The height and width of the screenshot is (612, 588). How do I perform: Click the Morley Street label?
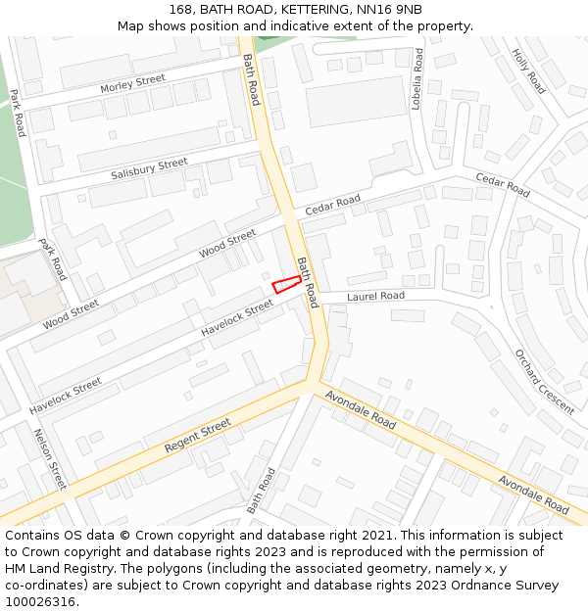(132, 85)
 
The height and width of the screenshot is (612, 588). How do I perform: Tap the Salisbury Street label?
(149, 168)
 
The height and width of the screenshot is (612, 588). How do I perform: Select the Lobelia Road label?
(417, 79)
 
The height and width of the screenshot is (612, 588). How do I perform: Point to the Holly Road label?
(528, 71)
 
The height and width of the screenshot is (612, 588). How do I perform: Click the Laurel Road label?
(375, 296)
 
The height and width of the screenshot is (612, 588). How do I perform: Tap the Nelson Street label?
(50, 458)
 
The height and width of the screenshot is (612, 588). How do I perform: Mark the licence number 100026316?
(40, 602)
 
